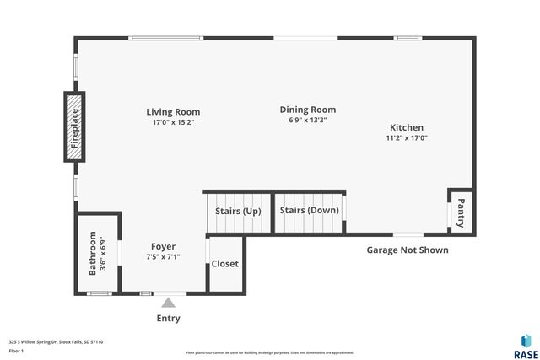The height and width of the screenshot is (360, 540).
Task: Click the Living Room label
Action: tap(173, 111)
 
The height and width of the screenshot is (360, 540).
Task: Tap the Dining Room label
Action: tap(308, 110)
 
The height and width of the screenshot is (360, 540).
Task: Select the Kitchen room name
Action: tap(407, 127)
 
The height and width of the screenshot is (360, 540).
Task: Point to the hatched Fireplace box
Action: tap(73, 126)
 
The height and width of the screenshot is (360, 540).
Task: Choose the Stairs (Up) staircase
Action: tap(239, 211)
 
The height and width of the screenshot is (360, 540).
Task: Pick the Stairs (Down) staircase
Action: tap(309, 211)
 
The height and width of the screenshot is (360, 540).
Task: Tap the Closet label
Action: tap(225, 264)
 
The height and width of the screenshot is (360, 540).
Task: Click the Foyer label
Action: tap(163, 247)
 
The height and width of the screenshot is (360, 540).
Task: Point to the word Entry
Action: tap(168, 319)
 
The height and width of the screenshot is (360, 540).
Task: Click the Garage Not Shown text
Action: tap(407, 250)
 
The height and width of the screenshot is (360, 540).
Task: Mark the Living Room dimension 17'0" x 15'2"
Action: tap(173, 122)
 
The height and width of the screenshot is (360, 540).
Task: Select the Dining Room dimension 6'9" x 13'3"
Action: tap(308, 120)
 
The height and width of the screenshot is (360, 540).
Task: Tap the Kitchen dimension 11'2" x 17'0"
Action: tap(407, 137)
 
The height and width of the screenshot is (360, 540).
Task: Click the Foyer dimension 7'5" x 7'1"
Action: tap(163, 257)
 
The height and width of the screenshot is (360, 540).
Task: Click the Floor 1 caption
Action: tap(16, 351)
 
